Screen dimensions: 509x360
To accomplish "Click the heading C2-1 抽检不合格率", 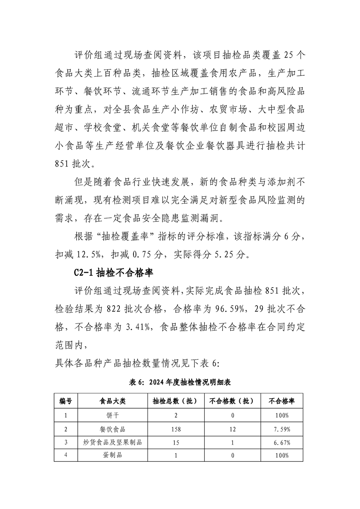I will (x=113, y=274).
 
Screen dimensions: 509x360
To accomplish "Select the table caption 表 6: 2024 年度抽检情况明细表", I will (x=180, y=382).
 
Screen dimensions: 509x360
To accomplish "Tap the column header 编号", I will (x=66, y=401).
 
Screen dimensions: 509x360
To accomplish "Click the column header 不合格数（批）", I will (x=232, y=401).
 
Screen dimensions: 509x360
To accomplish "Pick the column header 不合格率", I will (x=281, y=401).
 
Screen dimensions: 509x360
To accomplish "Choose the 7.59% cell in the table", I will (x=281, y=429).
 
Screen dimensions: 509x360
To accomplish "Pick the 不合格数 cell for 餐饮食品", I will (x=232, y=429).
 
